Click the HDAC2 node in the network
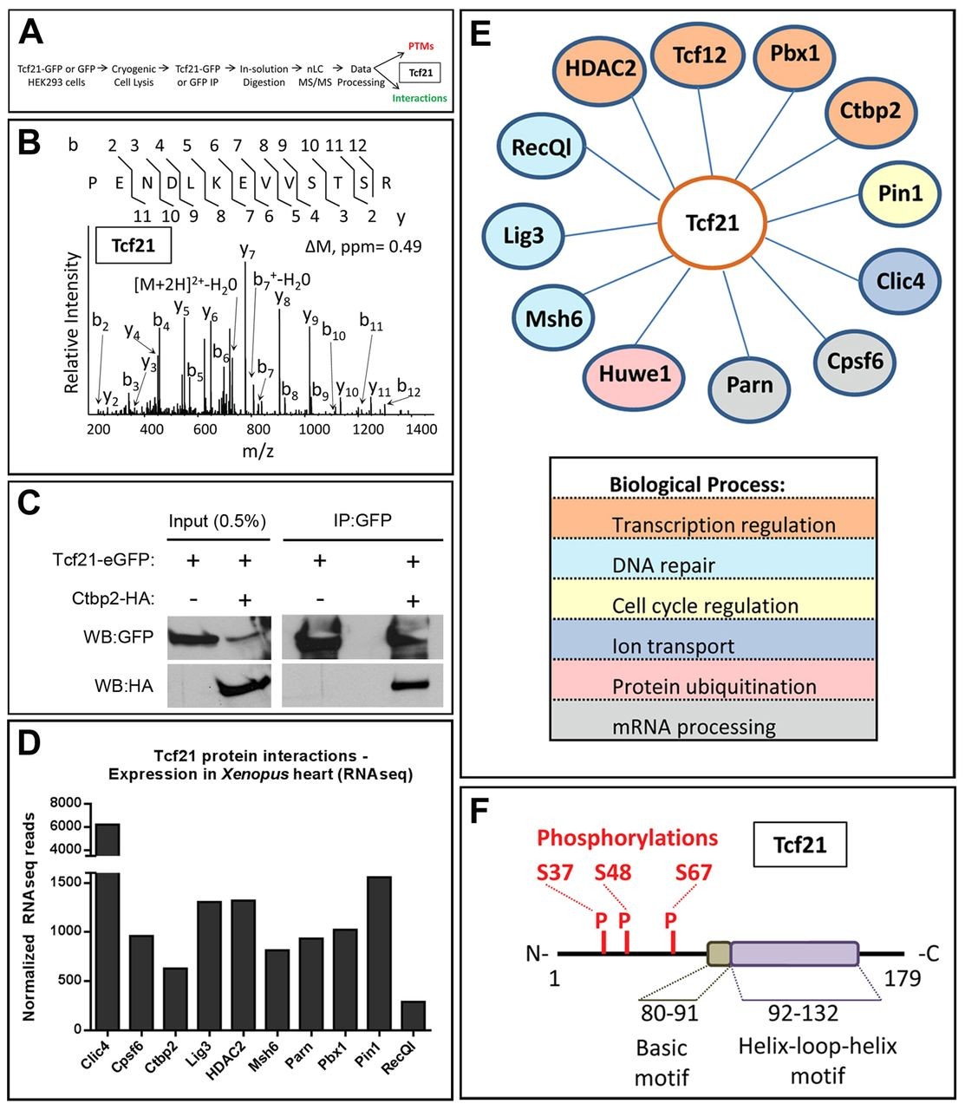[x=602, y=67]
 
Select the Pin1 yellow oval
[x=900, y=193]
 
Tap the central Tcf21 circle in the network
[x=713, y=222]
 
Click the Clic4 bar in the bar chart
[x=108, y=945]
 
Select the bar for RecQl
[x=414, y=1015]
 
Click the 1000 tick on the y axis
[x=69, y=931]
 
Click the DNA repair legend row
[x=713, y=565]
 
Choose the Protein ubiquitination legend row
[x=713, y=686]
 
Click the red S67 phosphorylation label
[x=693, y=872]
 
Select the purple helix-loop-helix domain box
[x=794, y=954]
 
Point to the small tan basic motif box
[x=719, y=954]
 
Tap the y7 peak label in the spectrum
[x=248, y=251]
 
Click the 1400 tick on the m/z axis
[x=421, y=429]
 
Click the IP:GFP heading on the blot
[x=363, y=520]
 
